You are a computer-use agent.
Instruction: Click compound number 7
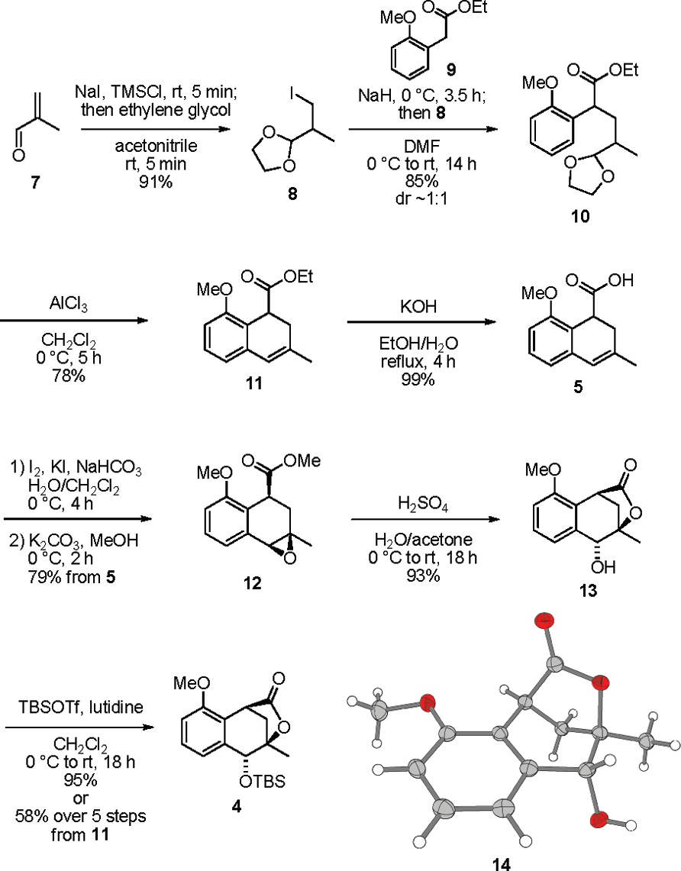[x=19, y=184]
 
